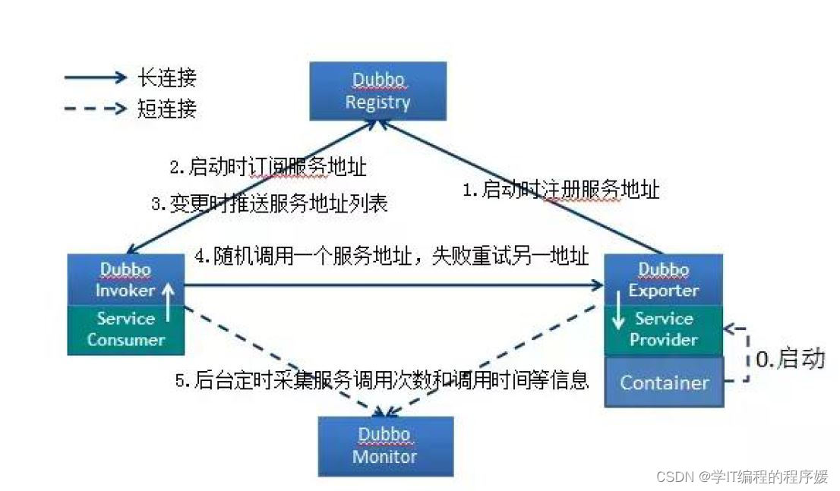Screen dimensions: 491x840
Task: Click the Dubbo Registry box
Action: coord(377,92)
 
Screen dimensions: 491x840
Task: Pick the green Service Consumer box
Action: coord(126,329)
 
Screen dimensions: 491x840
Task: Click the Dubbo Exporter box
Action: coord(663,279)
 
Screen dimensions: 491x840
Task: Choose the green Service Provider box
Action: coord(664,329)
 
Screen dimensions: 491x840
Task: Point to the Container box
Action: coord(664,382)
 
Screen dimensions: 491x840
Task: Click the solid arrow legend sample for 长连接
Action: coord(95,77)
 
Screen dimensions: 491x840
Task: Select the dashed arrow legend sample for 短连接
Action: coord(95,109)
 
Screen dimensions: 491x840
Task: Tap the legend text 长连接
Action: coord(167,77)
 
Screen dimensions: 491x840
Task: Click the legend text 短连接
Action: coord(167,109)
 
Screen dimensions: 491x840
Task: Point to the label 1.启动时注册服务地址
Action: coord(561,190)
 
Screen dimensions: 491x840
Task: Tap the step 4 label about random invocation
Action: coord(391,257)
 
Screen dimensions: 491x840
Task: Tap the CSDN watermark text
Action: coord(741,477)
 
